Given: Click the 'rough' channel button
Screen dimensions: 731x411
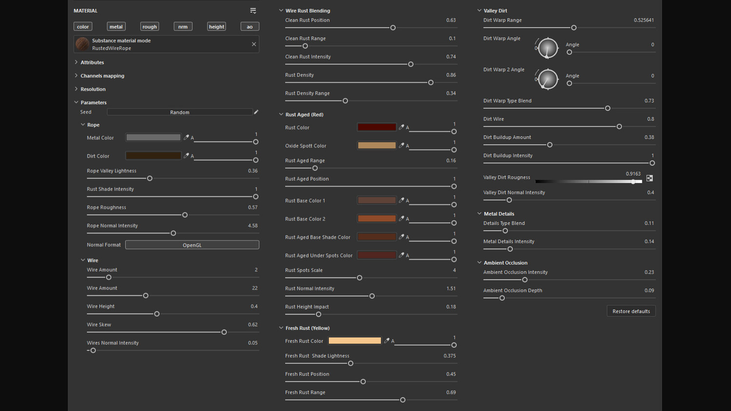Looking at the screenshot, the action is (x=150, y=26).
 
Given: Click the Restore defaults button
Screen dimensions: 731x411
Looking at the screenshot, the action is (x=631, y=311).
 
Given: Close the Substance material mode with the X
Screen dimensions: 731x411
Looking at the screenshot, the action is (x=254, y=44).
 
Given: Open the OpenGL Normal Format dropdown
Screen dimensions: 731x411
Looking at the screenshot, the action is (x=192, y=245).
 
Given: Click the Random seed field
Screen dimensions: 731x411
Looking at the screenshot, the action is (x=179, y=112).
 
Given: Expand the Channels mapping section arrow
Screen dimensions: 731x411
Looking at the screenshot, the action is (x=76, y=75).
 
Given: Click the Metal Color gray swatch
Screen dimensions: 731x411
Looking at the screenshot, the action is (x=153, y=137).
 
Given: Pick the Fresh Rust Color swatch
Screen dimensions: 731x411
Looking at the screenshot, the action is (x=355, y=341).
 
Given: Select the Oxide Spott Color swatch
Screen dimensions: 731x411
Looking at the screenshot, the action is (x=377, y=146).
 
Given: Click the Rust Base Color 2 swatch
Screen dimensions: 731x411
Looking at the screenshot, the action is (x=377, y=219).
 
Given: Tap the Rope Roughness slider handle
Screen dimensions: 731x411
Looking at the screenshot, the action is (x=185, y=215).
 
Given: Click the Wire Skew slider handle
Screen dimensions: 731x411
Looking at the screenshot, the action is (x=224, y=332).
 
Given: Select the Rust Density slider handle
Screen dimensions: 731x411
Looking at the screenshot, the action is (x=431, y=82).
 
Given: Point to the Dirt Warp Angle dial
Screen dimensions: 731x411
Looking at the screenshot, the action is (x=548, y=48).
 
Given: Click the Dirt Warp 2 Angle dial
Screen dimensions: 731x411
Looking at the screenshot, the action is (x=548, y=79).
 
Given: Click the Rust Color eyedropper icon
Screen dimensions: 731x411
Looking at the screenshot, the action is (x=402, y=127).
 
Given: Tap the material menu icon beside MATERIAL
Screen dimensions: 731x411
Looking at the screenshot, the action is (x=253, y=11).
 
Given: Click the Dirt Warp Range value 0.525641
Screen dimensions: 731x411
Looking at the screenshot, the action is (x=644, y=20).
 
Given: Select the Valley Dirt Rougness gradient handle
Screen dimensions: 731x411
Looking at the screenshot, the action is (x=633, y=182).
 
